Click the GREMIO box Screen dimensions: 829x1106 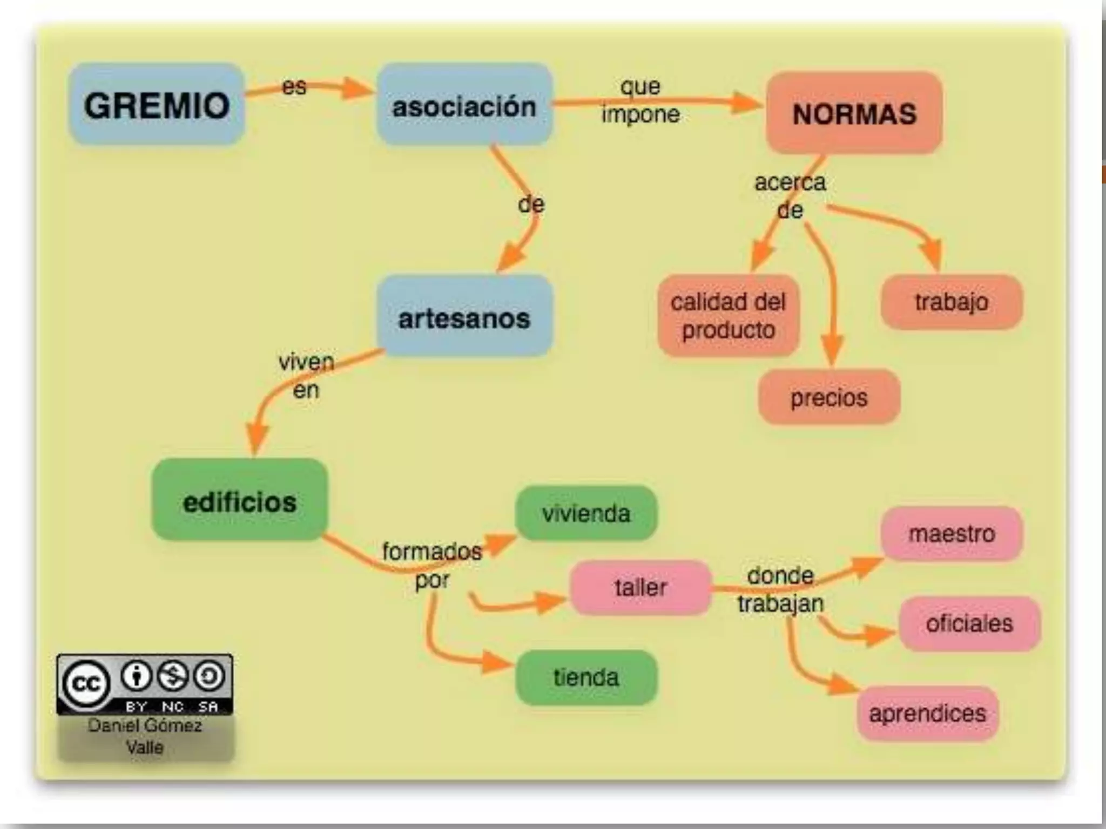[157, 105]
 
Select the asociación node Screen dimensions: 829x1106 [464, 105]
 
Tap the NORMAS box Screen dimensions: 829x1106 [854, 113]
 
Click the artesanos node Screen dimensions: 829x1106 [464, 317]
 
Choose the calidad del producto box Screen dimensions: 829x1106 [728, 316]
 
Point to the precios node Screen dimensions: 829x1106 [829, 398]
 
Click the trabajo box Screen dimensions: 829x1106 [952, 302]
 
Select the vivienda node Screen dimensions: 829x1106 [586, 513]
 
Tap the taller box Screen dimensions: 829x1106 [640, 587]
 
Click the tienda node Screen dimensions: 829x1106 [586, 677]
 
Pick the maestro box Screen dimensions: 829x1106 [952, 534]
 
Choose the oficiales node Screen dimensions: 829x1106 [969, 623]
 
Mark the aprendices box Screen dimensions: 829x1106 [927, 714]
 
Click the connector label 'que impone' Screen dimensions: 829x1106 [640, 100]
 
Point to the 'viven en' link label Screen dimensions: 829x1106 [306, 376]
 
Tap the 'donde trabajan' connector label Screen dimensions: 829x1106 [780, 590]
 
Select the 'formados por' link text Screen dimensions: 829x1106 [432, 565]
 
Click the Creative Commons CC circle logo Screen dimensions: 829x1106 [86, 684]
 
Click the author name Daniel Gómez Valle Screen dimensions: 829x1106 [145, 736]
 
